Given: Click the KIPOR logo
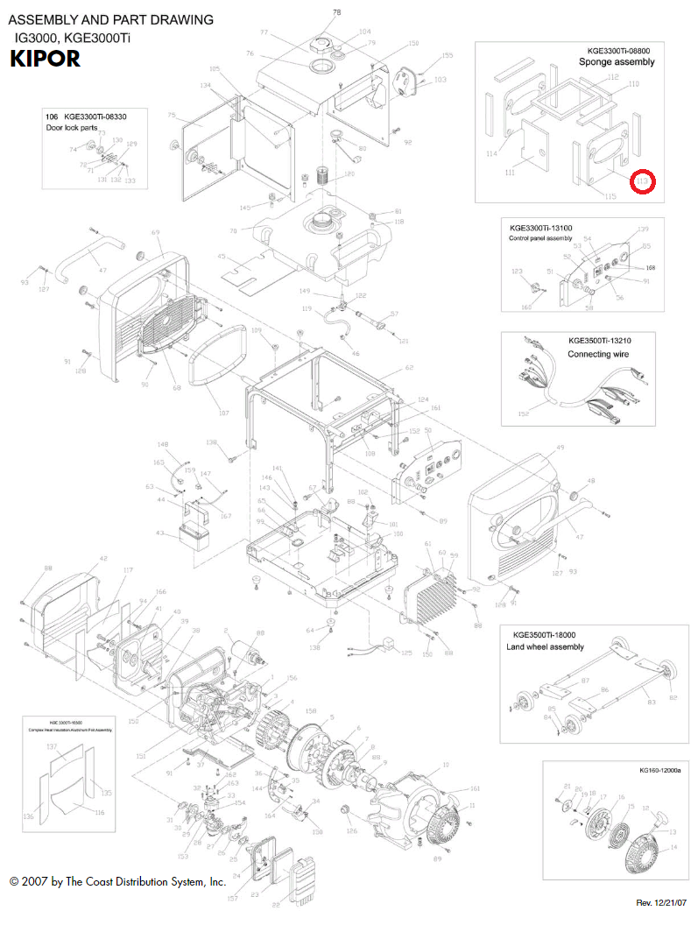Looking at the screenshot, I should [46, 60].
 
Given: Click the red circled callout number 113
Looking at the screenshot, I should [645, 181].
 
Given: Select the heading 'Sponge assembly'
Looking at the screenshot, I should [617, 62].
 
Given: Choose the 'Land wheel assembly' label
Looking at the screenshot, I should [545, 647].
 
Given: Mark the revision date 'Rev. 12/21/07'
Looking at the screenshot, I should [661, 902].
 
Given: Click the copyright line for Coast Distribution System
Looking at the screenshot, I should [118, 881].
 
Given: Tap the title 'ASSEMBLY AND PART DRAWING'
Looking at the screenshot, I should [110, 19].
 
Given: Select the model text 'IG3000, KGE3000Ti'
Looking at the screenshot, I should [72, 39].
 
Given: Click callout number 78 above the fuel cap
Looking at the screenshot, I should [337, 11].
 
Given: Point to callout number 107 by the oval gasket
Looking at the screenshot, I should [223, 413].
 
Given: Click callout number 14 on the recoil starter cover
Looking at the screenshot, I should [673, 847].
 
